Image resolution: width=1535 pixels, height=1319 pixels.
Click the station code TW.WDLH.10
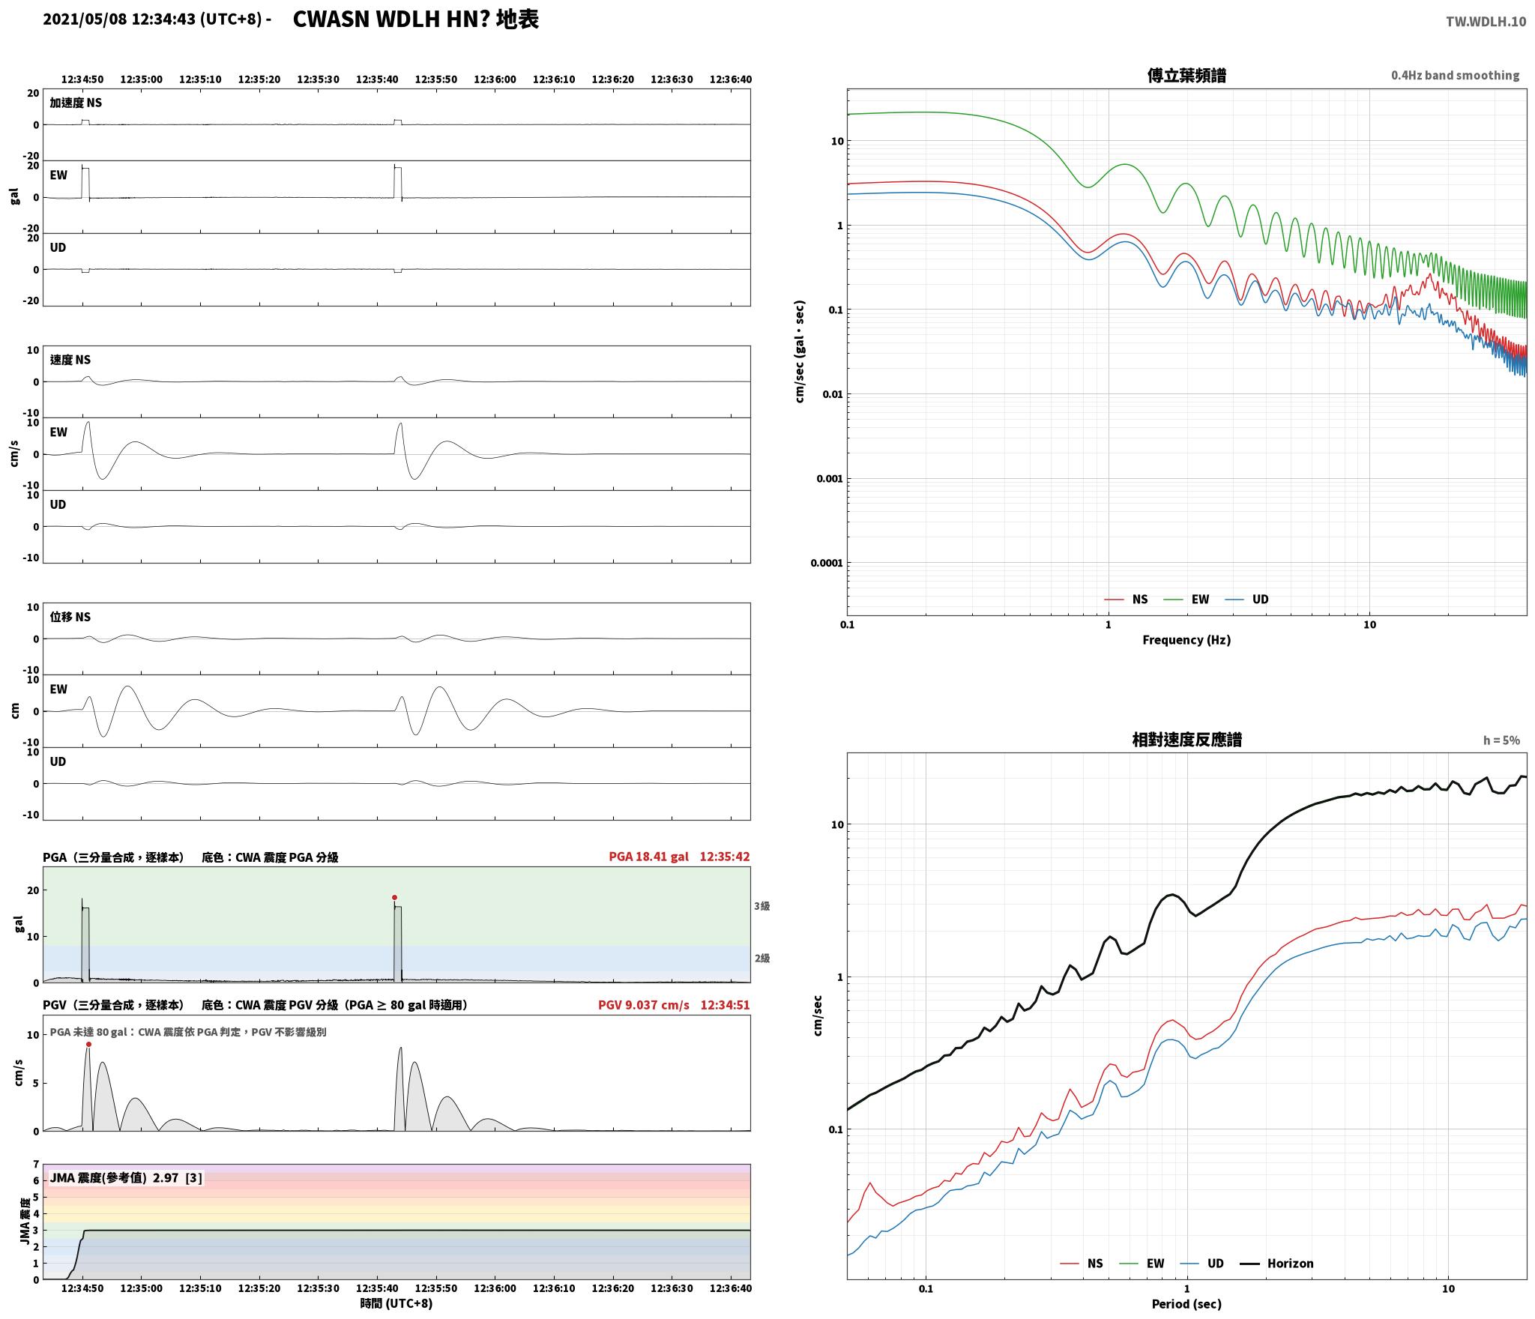[1486, 22]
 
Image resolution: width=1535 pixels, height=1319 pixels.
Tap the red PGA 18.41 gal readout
[648, 857]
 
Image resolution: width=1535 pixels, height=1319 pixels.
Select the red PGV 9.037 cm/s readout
[643, 1005]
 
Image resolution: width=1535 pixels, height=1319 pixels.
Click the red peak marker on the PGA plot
[394, 897]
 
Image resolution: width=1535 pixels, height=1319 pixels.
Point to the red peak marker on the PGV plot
[88, 1044]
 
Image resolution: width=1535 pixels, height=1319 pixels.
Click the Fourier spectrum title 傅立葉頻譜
[1186, 76]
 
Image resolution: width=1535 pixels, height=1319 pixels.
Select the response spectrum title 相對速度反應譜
[1186, 740]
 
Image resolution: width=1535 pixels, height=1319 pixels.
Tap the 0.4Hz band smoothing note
[1455, 76]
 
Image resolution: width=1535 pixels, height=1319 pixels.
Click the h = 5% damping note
[1501, 740]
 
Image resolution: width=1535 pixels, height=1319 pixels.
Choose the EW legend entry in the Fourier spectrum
[1186, 599]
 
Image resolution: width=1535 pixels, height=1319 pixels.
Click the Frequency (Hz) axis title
[1186, 640]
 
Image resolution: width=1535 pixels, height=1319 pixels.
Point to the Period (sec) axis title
[1186, 1304]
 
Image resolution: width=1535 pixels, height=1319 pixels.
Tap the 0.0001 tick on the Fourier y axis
[826, 564]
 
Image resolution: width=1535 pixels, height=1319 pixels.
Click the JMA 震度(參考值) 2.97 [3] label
[125, 1178]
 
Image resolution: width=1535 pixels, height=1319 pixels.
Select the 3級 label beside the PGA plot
[762, 906]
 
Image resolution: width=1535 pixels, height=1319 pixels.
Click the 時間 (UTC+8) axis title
[396, 1303]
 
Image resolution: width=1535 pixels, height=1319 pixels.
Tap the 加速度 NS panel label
[76, 103]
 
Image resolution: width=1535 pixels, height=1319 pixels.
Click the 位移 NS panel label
[70, 617]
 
